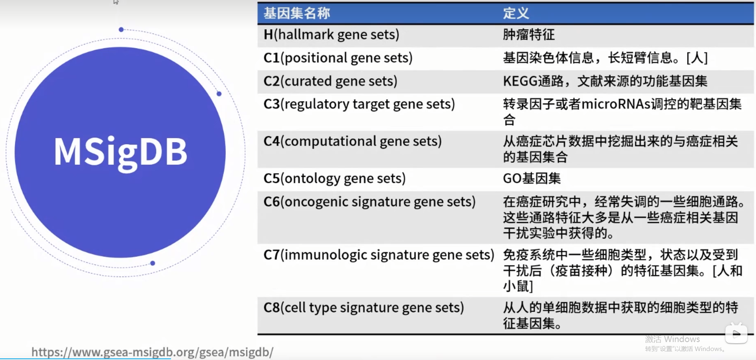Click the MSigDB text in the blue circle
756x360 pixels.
pyautogui.click(x=120, y=152)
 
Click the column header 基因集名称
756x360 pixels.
pyautogui.click(x=297, y=13)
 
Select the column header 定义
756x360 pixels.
pyautogui.click(x=516, y=13)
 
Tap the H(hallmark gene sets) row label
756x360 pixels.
pyautogui.click(x=331, y=35)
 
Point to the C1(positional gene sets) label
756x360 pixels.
pyautogui.click(x=338, y=58)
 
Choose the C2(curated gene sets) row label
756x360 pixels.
pyautogui.click(x=330, y=81)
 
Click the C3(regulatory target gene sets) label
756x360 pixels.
pyautogui.click(x=359, y=104)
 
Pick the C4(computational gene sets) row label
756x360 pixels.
pyautogui.click(x=352, y=141)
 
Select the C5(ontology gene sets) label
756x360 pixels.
pyautogui.click(x=334, y=178)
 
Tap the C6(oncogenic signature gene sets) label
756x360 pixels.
pyautogui.click(x=370, y=202)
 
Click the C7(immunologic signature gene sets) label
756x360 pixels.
pyautogui.click(x=379, y=255)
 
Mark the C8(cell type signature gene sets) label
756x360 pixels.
pyautogui.click(x=363, y=308)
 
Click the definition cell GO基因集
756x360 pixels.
pyautogui.click(x=531, y=178)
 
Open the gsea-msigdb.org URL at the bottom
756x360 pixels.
pyautogui.click(x=152, y=352)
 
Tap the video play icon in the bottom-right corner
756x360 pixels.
pyautogui.click(x=736, y=333)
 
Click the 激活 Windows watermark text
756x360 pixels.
pyautogui.click(x=672, y=339)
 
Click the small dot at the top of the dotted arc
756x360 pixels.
pyautogui.click(x=121, y=29)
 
